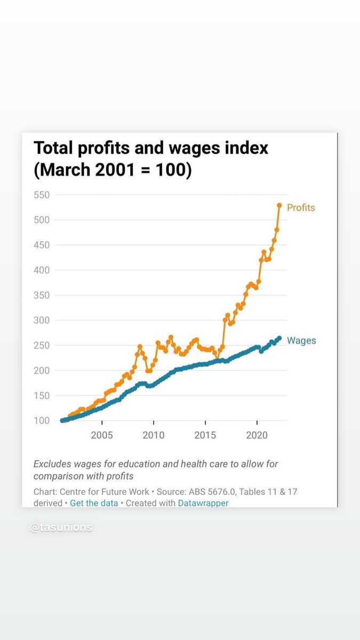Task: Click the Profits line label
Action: pyautogui.click(x=301, y=207)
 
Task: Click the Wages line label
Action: pyautogui.click(x=301, y=340)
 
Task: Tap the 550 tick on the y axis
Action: pyautogui.click(x=42, y=195)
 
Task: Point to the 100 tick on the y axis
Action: pyautogui.click(x=42, y=421)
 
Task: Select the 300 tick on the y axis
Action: pyautogui.click(x=42, y=321)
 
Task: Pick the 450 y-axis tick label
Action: pyautogui.click(x=42, y=245)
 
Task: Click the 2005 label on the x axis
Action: pyautogui.click(x=101, y=435)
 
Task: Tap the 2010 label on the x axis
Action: pyautogui.click(x=154, y=435)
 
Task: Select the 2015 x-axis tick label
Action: pyautogui.click(x=205, y=435)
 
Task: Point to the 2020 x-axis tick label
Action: pyautogui.click(x=257, y=435)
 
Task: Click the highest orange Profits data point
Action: pyautogui.click(x=279, y=205)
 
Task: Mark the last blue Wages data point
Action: pyautogui.click(x=279, y=338)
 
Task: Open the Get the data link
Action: pyautogui.click(x=94, y=503)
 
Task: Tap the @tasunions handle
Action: pyautogui.click(x=61, y=527)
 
